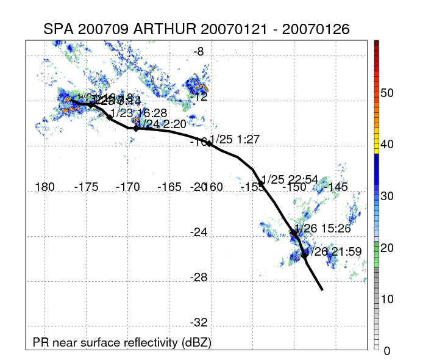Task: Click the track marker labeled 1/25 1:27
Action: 209,143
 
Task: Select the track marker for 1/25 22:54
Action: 261,184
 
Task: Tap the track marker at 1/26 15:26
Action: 294,232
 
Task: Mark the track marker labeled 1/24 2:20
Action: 136,128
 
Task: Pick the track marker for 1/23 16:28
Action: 110,117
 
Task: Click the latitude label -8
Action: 199,52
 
